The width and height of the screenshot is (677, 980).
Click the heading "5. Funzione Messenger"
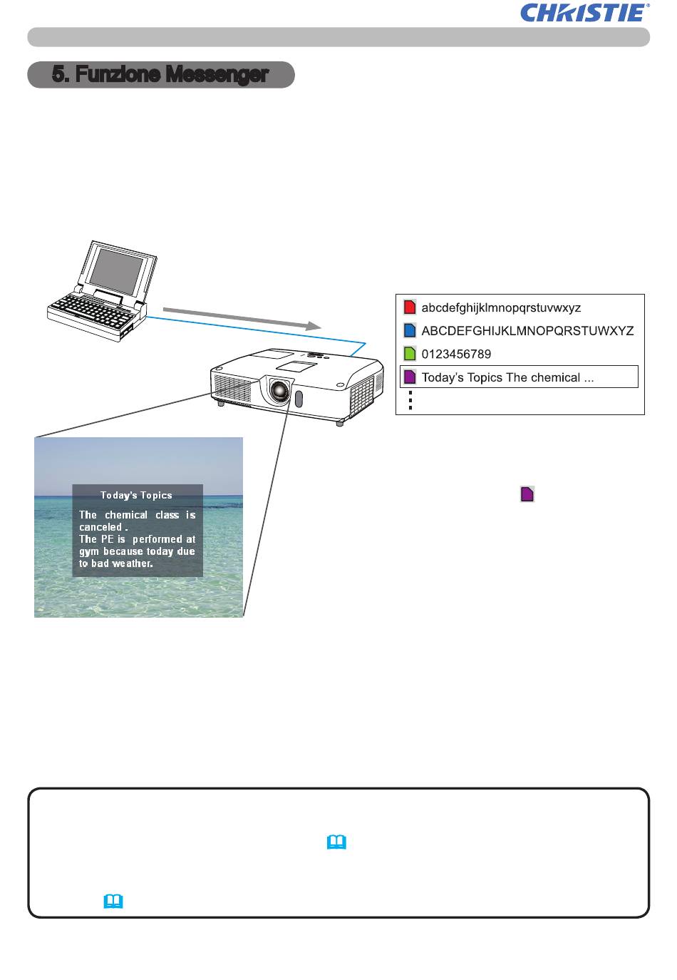(160, 74)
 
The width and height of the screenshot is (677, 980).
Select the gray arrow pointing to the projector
(239, 317)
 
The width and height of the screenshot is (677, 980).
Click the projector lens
(280, 390)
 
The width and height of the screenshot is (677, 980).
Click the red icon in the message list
(409, 307)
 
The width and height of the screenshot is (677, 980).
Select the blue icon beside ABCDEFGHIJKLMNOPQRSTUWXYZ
(409, 330)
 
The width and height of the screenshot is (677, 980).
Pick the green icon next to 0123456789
(409, 354)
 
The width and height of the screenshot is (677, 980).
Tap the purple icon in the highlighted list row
(409, 377)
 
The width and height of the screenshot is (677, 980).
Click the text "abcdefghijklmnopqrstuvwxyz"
(501, 307)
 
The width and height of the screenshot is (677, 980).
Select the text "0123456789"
(456, 354)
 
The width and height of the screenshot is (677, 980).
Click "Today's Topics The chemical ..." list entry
(507, 377)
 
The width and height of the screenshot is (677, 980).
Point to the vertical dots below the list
(410, 401)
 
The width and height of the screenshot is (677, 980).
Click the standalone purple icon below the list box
(527, 494)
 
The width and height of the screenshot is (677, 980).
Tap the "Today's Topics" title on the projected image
(136, 495)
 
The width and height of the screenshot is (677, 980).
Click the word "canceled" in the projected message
(100, 527)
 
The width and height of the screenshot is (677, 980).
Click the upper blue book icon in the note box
(336, 843)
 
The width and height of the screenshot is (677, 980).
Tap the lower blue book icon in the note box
(113, 902)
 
